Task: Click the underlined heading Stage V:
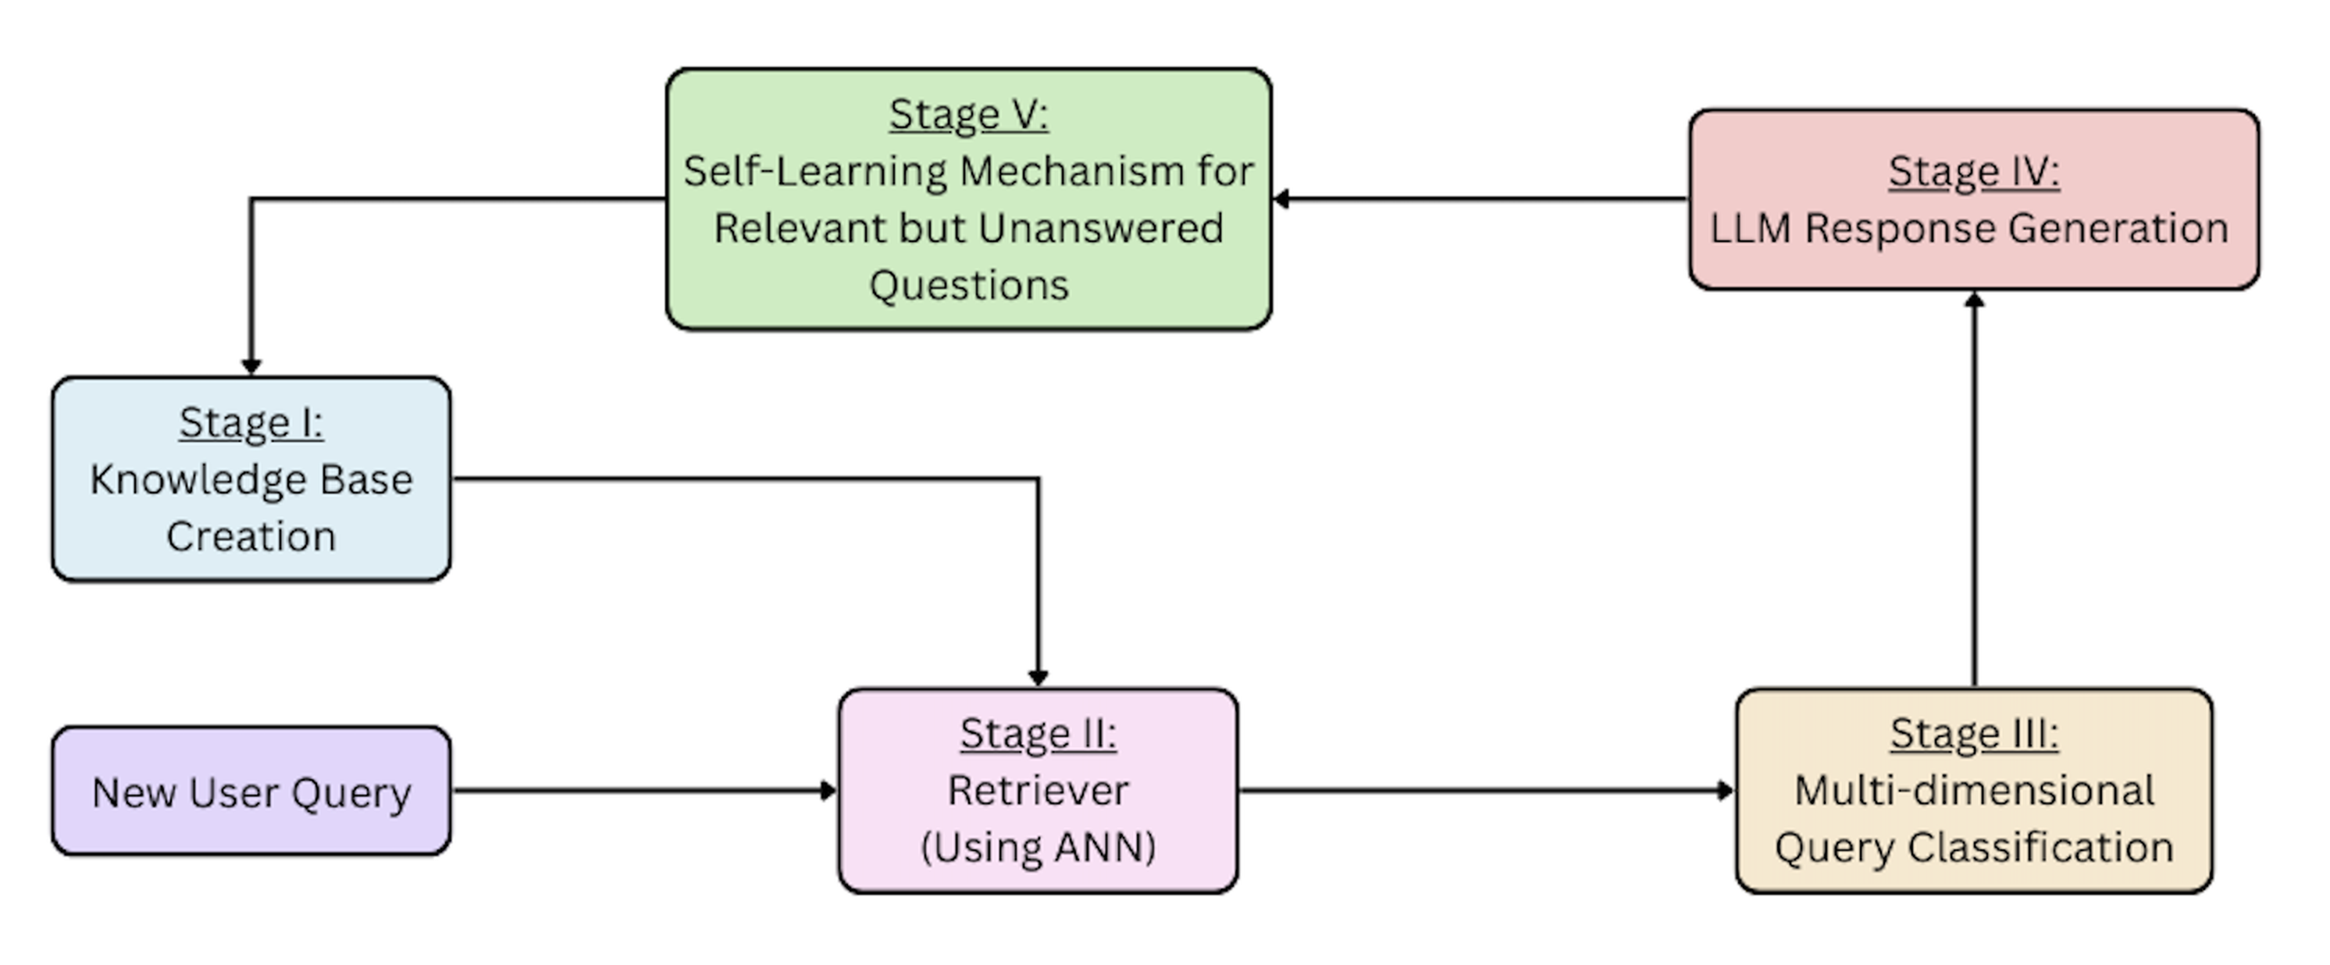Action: pos(969,116)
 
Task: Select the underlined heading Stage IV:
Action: pos(1974,172)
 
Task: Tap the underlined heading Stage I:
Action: pos(251,423)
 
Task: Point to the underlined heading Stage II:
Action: pos(1039,733)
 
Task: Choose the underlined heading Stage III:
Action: pos(1974,733)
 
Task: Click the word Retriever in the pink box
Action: pos(1039,790)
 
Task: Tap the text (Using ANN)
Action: pos(1039,847)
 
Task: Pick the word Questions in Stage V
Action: pos(969,286)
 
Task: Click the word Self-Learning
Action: pos(812,172)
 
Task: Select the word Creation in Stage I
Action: pos(251,536)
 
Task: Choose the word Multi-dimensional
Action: pos(1974,790)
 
